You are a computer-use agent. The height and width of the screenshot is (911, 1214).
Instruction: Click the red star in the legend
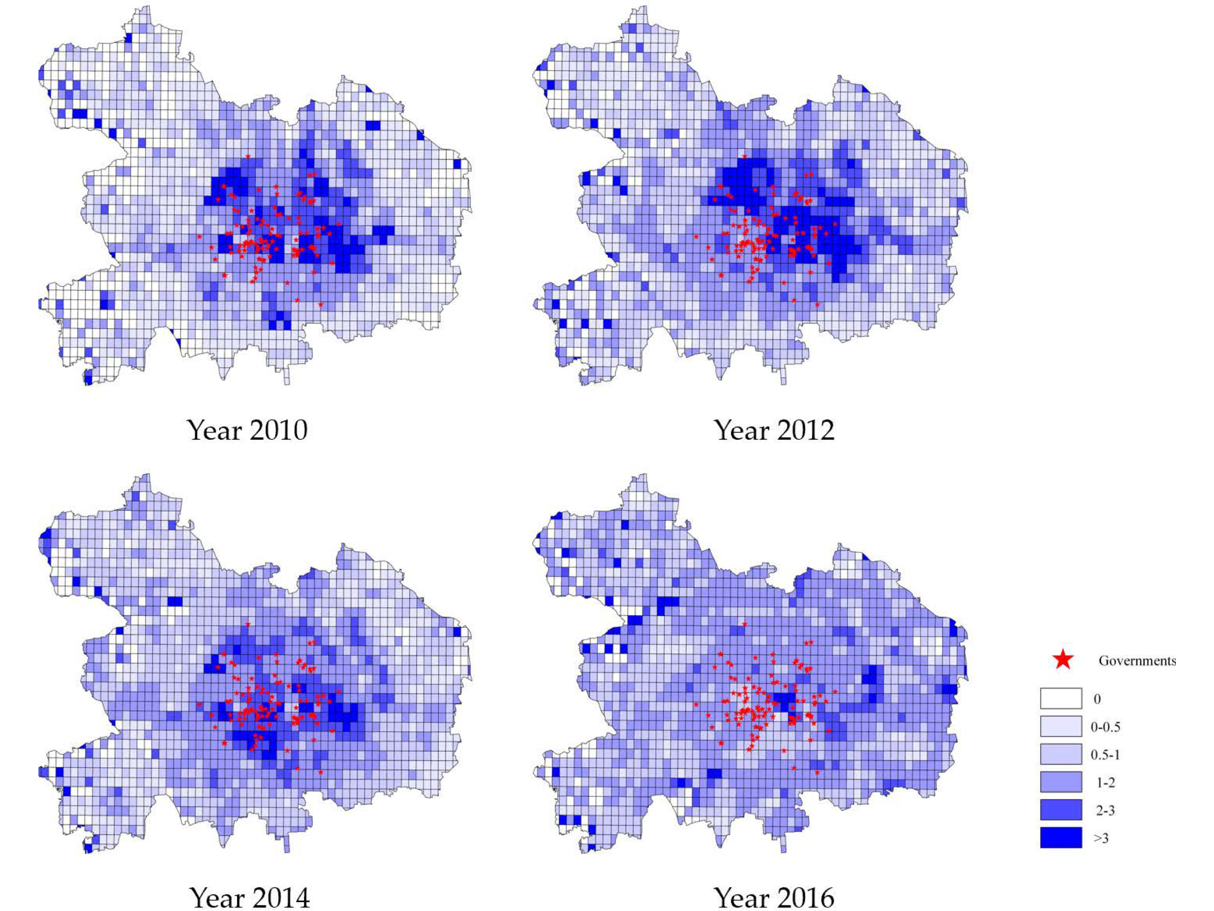(x=1063, y=660)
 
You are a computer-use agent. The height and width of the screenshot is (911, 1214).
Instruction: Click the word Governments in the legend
(x=1137, y=661)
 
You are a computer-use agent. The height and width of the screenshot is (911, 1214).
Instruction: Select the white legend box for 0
(x=1061, y=699)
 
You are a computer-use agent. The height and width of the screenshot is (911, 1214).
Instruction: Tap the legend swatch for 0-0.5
(x=1061, y=726)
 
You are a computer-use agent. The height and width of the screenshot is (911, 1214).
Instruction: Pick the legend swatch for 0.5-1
(x=1061, y=754)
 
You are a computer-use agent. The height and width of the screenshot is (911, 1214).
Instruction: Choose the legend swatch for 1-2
(x=1061, y=782)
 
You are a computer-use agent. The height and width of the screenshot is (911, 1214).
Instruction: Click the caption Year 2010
(x=247, y=430)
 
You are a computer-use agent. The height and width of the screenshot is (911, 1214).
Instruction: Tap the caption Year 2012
(x=774, y=430)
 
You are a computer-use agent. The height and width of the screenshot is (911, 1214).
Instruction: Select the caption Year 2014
(x=250, y=898)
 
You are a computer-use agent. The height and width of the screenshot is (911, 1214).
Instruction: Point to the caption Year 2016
(x=774, y=898)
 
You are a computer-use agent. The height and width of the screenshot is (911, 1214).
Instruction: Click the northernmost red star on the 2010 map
(x=248, y=157)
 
